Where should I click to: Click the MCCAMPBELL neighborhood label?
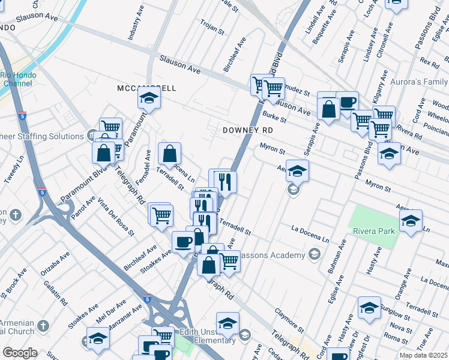(x=146, y=88)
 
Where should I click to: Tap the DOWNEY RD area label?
(x=247, y=130)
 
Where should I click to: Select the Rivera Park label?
(x=373, y=231)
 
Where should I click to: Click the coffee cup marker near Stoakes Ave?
(x=183, y=241)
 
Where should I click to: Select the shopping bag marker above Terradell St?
(x=170, y=153)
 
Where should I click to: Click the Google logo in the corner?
(x=20, y=353)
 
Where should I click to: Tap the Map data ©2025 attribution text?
(x=423, y=355)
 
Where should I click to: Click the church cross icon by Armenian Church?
(x=43, y=326)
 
